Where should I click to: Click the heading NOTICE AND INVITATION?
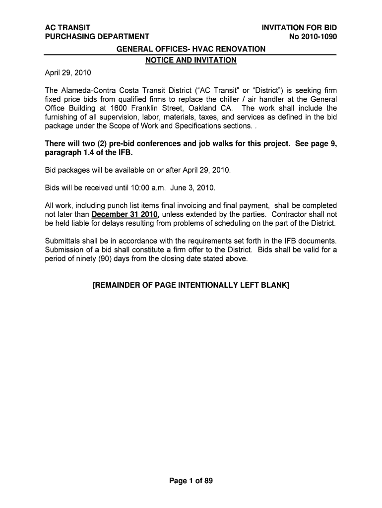coord(191,61)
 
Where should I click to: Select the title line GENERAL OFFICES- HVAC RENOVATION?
coord(191,49)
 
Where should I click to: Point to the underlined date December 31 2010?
coord(125,215)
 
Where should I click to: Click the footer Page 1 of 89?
coord(191,480)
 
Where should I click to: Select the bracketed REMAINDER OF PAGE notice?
coord(191,286)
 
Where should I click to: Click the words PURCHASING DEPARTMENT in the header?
coord(97,36)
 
